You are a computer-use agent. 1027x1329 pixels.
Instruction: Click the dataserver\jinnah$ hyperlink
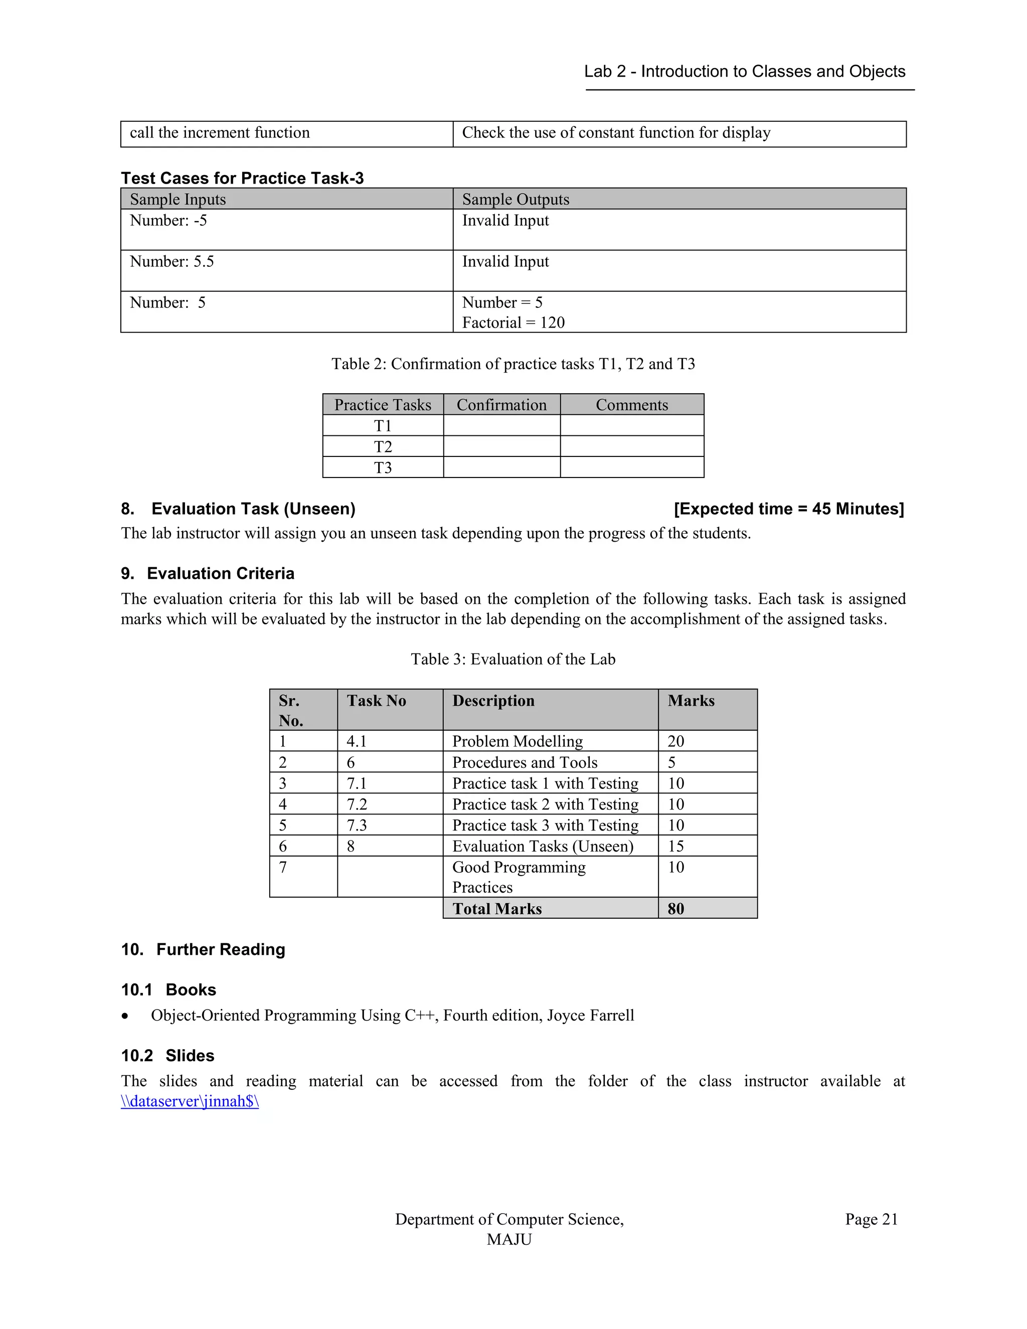[190, 1101]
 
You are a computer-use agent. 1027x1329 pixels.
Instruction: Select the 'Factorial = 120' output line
[513, 322]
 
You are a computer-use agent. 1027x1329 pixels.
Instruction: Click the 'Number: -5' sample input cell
[168, 220]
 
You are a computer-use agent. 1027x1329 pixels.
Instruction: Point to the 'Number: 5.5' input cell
[172, 262]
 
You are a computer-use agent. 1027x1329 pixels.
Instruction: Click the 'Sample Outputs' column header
[516, 199]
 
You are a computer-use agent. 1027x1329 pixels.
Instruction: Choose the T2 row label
[383, 447]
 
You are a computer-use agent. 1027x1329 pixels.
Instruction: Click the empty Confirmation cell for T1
[501, 425]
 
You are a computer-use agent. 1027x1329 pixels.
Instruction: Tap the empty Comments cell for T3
[631, 467]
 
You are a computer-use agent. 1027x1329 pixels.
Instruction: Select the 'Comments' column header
[631, 405]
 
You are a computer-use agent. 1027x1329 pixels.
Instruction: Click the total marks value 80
[676, 909]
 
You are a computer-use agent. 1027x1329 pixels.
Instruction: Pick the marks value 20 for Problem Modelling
[676, 741]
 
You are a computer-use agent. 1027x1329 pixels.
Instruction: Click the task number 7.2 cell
[357, 804]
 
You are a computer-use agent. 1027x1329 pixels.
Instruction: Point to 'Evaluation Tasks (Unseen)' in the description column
[543, 847]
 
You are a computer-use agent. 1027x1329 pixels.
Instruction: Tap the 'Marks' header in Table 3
[691, 701]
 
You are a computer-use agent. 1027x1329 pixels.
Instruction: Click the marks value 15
[676, 847]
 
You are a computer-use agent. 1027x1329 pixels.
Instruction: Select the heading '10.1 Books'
[168, 990]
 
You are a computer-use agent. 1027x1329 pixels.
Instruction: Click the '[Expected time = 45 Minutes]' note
[788, 509]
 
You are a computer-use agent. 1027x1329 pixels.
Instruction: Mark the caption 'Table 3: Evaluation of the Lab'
[513, 659]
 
